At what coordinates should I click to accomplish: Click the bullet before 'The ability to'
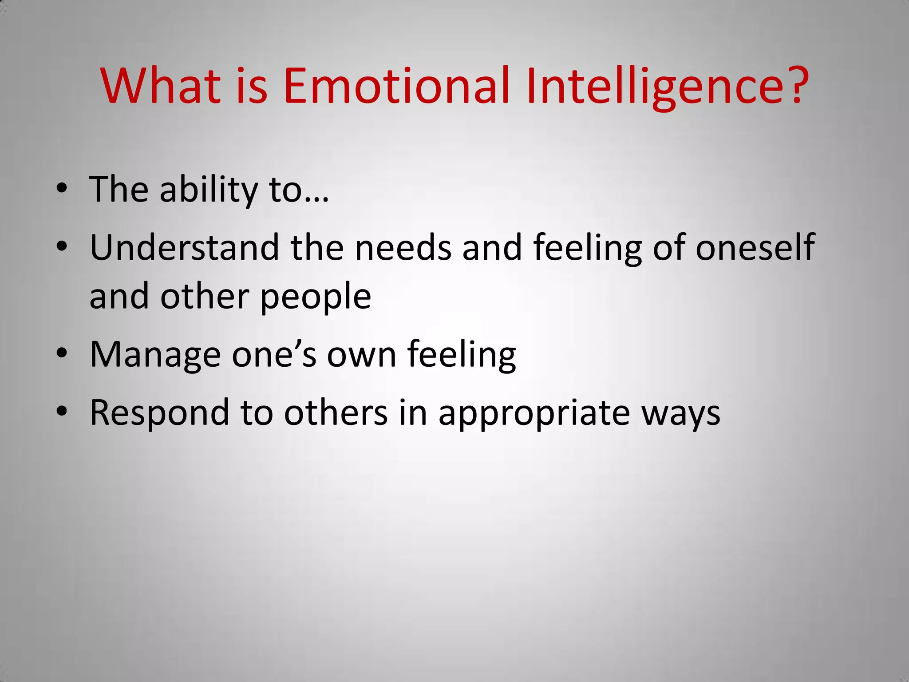point(62,189)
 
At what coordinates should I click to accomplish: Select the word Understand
point(184,247)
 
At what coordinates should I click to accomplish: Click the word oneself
point(755,247)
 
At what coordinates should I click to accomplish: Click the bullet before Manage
point(62,353)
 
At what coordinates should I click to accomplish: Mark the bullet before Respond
point(62,412)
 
